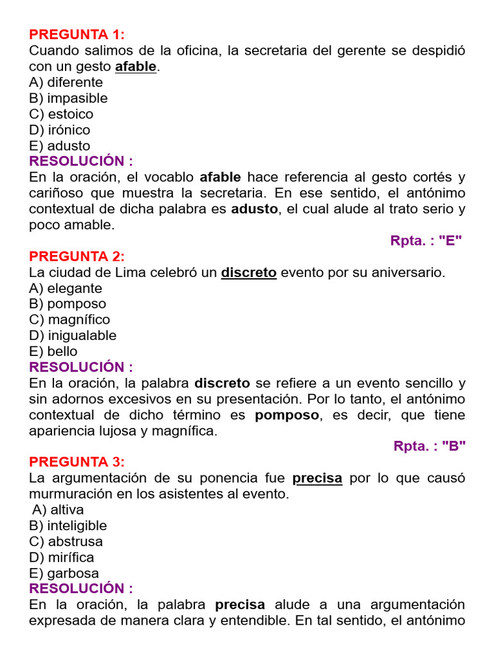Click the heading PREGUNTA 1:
[x=77, y=35]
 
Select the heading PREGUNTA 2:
[x=77, y=256]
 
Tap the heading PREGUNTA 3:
[x=77, y=462]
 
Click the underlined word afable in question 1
[x=136, y=66]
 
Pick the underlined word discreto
[x=249, y=272]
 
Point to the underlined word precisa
[x=317, y=478]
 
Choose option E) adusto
[x=60, y=146]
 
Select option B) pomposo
[x=68, y=304]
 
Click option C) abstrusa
[x=66, y=542]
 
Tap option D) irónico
[x=60, y=130]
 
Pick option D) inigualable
[x=73, y=335]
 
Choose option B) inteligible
[x=68, y=526]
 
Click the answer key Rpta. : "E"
[x=426, y=241]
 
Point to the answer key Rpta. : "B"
[x=429, y=447]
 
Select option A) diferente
[x=66, y=82]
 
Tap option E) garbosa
[x=64, y=573]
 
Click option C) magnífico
[x=69, y=319]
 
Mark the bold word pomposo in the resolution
[x=287, y=415]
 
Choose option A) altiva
[x=58, y=510]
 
